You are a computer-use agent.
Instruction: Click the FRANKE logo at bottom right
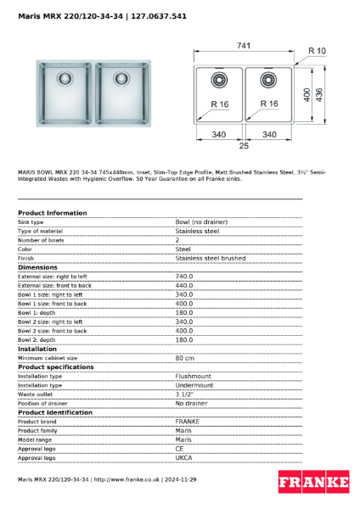[x=313, y=482]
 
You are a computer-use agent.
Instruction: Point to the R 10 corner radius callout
[x=317, y=52]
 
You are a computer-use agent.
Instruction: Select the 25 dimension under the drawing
[x=243, y=147]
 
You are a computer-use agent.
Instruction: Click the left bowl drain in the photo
[x=65, y=79]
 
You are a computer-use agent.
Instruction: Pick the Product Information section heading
[x=52, y=213]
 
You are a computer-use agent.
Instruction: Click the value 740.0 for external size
[x=184, y=276]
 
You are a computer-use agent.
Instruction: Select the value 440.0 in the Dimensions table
[x=184, y=285]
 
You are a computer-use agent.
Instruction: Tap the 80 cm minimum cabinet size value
[x=184, y=358]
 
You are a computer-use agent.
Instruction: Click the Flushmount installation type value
[x=193, y=376]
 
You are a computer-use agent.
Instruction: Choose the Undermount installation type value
[x=194, y=385]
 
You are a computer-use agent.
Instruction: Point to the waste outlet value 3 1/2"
[x=185, y=394]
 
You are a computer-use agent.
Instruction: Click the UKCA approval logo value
[x=184, y=457]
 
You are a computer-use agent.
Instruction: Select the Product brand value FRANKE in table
[x=188, y=421]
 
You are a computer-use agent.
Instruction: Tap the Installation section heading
[x=37, y=349]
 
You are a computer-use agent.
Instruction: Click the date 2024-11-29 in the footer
[x=182, y=479]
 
